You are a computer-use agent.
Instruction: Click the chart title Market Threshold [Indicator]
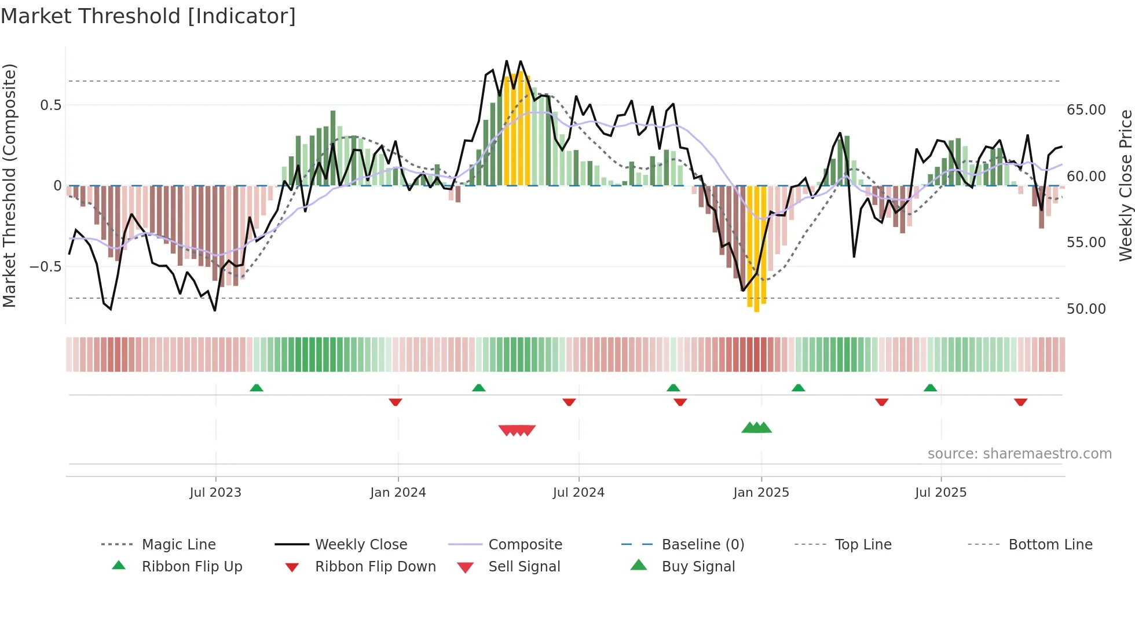pyautogui.click(x=148, y=16)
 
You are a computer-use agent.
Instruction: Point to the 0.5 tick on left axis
pyautogui.click(x=50, y=105)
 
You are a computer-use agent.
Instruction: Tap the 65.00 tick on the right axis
pyautogui.click(x=1086, y=110)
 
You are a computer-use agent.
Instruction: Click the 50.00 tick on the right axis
pyautogui.click(x=1086, y=309)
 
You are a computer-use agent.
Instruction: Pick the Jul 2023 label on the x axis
pyautogui.click(x=215, y=493)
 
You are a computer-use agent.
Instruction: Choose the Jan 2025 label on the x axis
pyautogui.click(x=761, y=493)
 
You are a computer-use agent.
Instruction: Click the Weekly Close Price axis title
pyautogui.click(x=1125, y=185)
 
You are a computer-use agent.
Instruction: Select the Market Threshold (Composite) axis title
pyautogui.click(x=9, y=185)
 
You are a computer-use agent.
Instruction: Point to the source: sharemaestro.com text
pyautogui.click(x=1019, y=454)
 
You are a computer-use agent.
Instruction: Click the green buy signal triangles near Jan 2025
pyautogui.click(x=756, y=428)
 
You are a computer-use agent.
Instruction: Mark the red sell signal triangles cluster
pyautogui.click(x=517, y=430)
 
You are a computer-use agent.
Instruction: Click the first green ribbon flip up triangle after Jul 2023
pyautogui.click(x=257, y=387)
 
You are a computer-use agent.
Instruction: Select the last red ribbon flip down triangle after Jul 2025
pyautogui.click(x=1020, y=402)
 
